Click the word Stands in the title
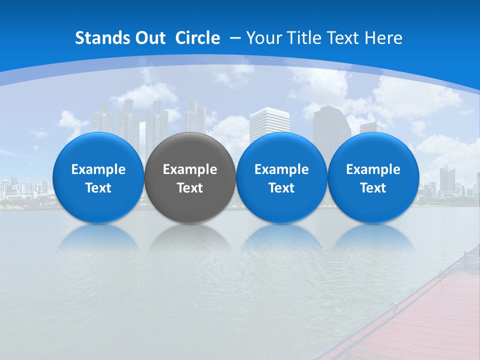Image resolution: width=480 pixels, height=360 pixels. pos(100,38)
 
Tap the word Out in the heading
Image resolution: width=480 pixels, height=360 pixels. pos(148,38)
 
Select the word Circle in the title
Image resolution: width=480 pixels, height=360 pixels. pos(197,38)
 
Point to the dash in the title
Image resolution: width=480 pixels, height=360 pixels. pos(235,38)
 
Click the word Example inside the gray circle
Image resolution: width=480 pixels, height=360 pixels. pos(190,169)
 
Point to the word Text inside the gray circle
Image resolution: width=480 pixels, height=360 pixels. pos(190,188)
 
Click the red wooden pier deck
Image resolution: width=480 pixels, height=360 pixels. pos(430,320)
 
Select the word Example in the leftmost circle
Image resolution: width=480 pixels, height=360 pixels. pos(98,169)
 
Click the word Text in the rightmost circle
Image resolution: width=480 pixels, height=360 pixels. pos(373,188)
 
